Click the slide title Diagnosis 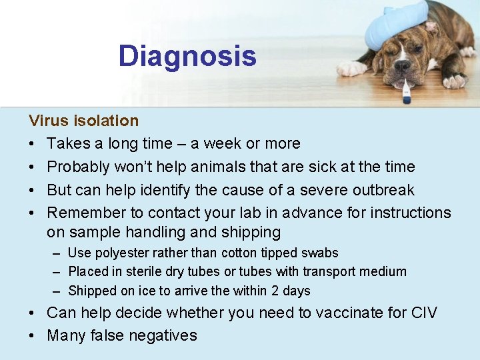[187, 56]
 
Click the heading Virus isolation [83, 121]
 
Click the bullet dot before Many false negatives [33, 335]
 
